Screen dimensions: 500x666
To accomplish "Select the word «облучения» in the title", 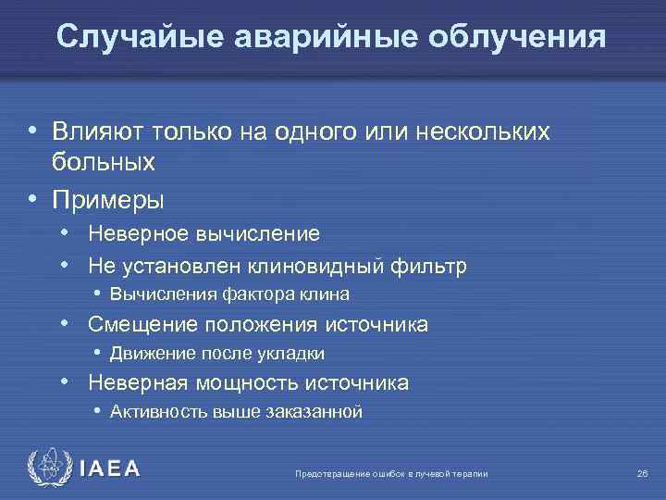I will click(x=513, y=36).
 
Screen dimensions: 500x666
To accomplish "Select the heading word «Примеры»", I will click(x=108, y=199).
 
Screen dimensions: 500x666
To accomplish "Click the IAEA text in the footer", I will click(x=109, y=469).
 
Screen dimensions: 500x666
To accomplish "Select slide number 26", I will click(x=642, y=474).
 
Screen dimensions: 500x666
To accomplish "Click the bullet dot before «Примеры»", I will click(x=33, y=199).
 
